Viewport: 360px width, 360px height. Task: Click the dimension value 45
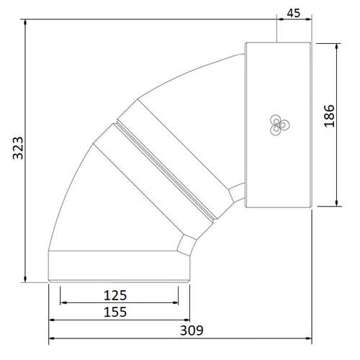pos(294,13)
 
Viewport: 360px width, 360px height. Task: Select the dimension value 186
pos(329,116)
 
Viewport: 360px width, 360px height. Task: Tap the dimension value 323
pos(18,148)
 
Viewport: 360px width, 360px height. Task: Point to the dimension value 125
pos(115,295)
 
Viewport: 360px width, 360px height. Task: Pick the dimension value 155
pos(115,312)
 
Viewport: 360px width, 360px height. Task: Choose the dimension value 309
pos(192,330)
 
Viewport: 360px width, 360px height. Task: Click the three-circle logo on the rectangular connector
pos(279,125)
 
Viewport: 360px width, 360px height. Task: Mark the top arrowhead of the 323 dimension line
pos(25,22)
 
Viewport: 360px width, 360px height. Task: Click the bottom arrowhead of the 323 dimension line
pos(25,279)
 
